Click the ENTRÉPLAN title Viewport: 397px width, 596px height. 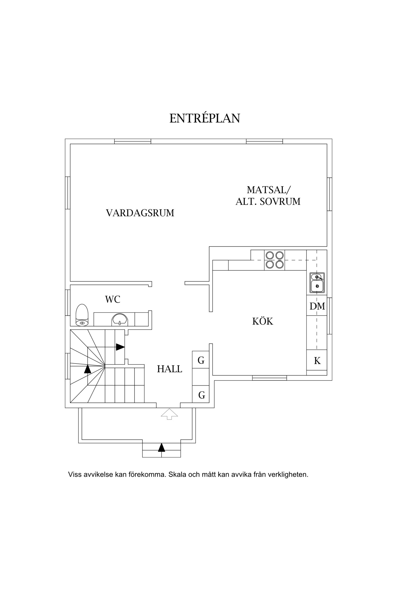click(204, 118)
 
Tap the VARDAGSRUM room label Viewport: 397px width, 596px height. click(140, 213)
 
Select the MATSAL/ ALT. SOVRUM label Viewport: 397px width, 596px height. click(268, 196)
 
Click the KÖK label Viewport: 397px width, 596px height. click(263, 321)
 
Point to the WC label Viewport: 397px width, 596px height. click(113, 299)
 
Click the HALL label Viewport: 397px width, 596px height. click(169, 369)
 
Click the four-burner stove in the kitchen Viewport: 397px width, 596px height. click(274, 260)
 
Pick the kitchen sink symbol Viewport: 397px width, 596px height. click(317, 283)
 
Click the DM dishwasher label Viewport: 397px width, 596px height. click(317, 306)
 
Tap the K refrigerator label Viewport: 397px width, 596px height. click(317, 361)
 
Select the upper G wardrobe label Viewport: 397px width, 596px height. click(201, 360)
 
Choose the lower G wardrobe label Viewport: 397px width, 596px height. click(201, 395)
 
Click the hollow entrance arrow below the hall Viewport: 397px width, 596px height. click(169, 414)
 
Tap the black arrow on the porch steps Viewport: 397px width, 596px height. click(161, 447)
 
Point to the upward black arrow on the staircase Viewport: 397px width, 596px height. click(88, 369)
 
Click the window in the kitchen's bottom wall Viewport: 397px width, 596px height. click(269, 378)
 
